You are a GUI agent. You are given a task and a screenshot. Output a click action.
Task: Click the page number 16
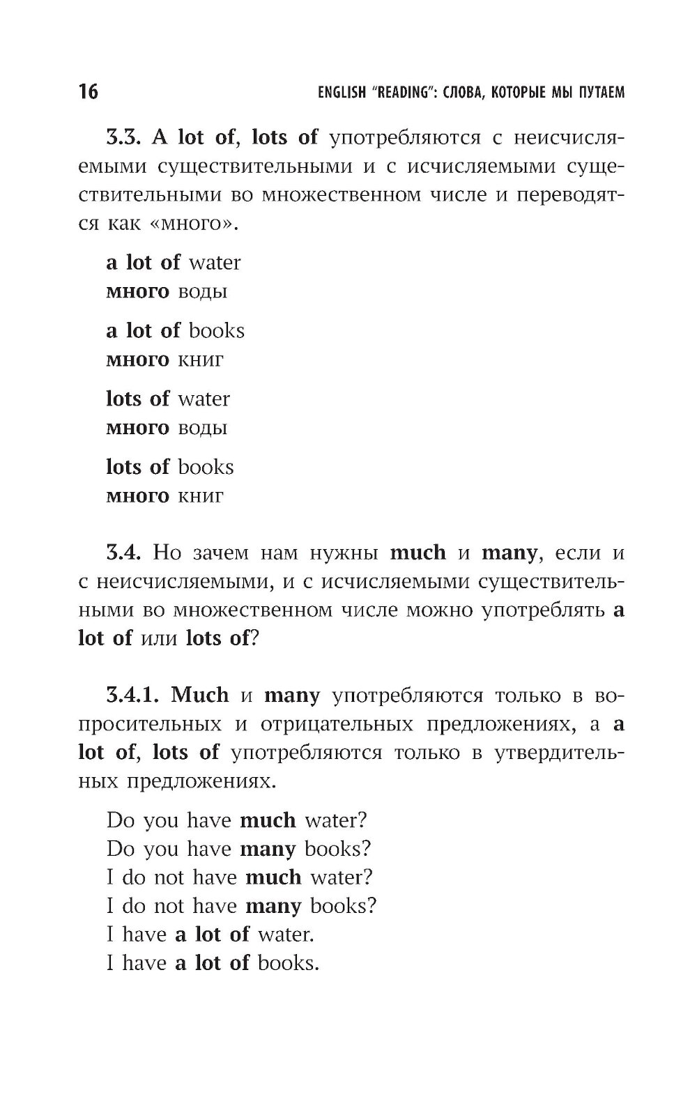point(89,91)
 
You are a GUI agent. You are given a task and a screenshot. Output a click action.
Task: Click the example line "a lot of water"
point(173,263)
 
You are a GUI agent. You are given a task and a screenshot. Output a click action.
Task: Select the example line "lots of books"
point(169,467)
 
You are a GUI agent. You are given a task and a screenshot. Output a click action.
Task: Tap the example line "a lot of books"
point(175,331)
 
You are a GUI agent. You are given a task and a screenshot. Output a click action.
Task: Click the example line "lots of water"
point(167,399)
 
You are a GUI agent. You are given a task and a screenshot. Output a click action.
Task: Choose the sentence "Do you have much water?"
point(236,820)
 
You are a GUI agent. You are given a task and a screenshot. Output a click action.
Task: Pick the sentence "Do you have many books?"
point(238,849)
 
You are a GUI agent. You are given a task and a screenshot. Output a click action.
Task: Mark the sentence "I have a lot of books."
point(212,963)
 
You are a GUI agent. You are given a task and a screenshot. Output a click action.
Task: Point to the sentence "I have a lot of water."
point(210,935)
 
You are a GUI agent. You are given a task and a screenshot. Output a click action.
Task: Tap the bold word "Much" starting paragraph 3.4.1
point(199,695)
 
